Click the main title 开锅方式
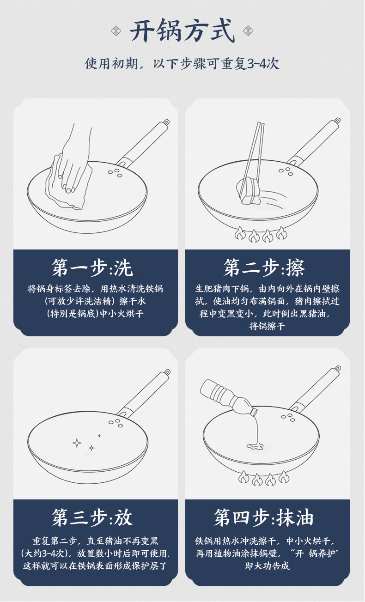coord(182,30)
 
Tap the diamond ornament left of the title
coord(116,30)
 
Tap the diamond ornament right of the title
coord(248,30)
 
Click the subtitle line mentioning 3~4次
coord(182,64)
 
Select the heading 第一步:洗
coord(92,268)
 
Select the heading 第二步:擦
coord(264,268)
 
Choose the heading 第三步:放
coord(92,517)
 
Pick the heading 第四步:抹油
coord(264,517)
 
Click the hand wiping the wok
coord(74,161)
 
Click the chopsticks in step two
coord(253,158)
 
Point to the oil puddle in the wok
coord(255,447)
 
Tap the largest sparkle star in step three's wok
coord(77,443)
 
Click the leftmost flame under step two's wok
coord(240,233)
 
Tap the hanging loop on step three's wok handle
coord(167,372)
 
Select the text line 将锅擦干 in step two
coord(267,327)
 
